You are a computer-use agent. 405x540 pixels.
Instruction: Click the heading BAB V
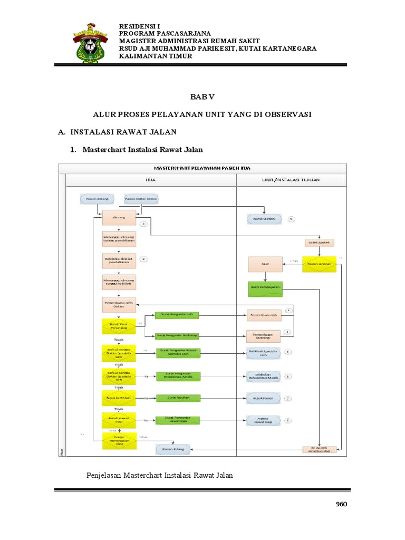(x=202, y=98)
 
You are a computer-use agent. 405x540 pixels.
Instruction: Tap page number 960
(x=341, y=504)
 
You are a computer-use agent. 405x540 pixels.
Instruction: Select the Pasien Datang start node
(x=95, y=199)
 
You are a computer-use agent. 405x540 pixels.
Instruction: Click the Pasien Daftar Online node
(x=141, y=199)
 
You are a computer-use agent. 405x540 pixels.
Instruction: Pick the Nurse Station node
(x=264, y=219)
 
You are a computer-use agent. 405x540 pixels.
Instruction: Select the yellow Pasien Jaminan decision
(x=319, y=264)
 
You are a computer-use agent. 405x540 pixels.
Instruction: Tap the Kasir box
(x=265, y=264)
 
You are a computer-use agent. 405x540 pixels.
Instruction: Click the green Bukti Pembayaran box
(x=265, y=287)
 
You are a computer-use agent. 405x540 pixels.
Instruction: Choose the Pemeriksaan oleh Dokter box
(x=119, y=304)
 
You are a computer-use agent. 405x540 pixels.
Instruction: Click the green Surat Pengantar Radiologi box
(x=177, y=336)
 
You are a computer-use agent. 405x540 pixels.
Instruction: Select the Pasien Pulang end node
(x=172, y=449)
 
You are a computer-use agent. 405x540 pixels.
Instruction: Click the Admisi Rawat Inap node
(x=264, y=420)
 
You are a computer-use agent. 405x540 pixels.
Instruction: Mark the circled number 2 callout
(x=143, y=259)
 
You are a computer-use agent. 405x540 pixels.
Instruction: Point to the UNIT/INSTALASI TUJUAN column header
(x=291, y=180)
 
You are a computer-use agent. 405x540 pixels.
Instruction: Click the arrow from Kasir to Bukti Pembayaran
(x=265, y=276)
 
